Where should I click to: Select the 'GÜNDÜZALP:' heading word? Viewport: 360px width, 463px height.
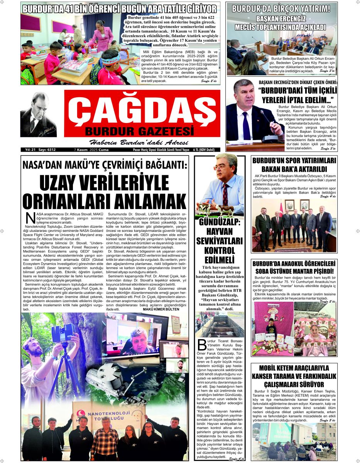[x=220, y=223]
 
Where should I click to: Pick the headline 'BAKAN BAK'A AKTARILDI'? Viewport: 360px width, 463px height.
[x=294, y=169]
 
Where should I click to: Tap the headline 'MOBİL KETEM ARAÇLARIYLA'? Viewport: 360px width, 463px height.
[x=294, y=368]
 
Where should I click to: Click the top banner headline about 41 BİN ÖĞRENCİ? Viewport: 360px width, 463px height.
[x=120, y=8]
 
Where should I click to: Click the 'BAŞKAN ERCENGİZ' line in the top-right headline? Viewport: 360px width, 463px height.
[x=281, y=19]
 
